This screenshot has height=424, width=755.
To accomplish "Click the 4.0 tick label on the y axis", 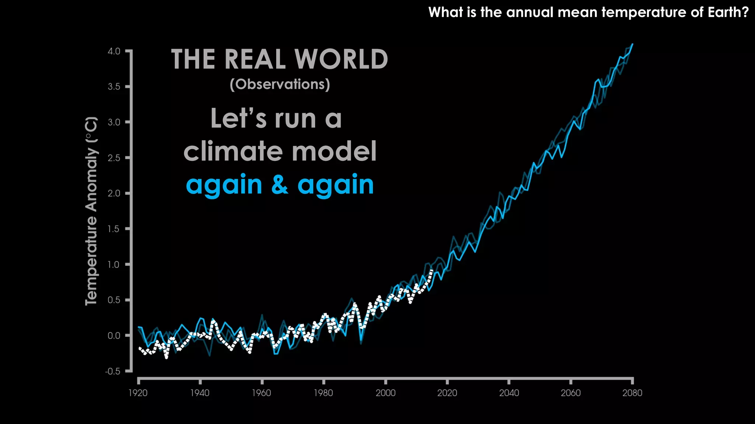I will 114,51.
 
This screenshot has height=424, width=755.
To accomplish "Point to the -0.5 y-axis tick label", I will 113,371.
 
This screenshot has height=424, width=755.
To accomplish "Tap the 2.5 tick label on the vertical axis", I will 114,158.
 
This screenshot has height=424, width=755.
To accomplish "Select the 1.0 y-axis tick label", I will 114,265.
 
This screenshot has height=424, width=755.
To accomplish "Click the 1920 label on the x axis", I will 138,393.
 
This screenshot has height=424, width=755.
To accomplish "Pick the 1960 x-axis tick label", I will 261,393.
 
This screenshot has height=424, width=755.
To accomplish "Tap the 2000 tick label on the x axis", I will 385,393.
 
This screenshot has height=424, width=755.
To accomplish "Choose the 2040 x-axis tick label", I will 509,393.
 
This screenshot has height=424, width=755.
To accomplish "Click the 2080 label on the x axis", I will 632,393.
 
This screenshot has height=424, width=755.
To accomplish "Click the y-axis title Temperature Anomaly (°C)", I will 91,211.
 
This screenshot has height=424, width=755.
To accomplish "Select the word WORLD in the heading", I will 341,59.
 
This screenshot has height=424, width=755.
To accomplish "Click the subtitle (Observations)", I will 280,84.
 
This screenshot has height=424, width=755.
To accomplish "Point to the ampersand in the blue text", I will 280,185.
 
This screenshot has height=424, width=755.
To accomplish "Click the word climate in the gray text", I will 234,151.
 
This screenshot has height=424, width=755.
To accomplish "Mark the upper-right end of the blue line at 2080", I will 633,44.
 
